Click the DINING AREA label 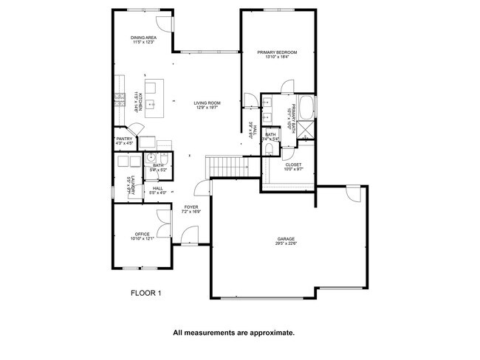pos(143,37)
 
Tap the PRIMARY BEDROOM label pos(277,52)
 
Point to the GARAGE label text pos(286,239)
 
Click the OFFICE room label pos(142,235)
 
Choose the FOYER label pos(191,207)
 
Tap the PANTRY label pos(124,138)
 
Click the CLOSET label pos(293,165)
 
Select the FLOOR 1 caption pos(145,293)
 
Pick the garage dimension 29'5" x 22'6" pos(286,244)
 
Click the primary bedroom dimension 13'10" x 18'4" pos(277,58)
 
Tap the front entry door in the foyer pos(190,235)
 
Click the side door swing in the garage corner pos(352,195)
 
